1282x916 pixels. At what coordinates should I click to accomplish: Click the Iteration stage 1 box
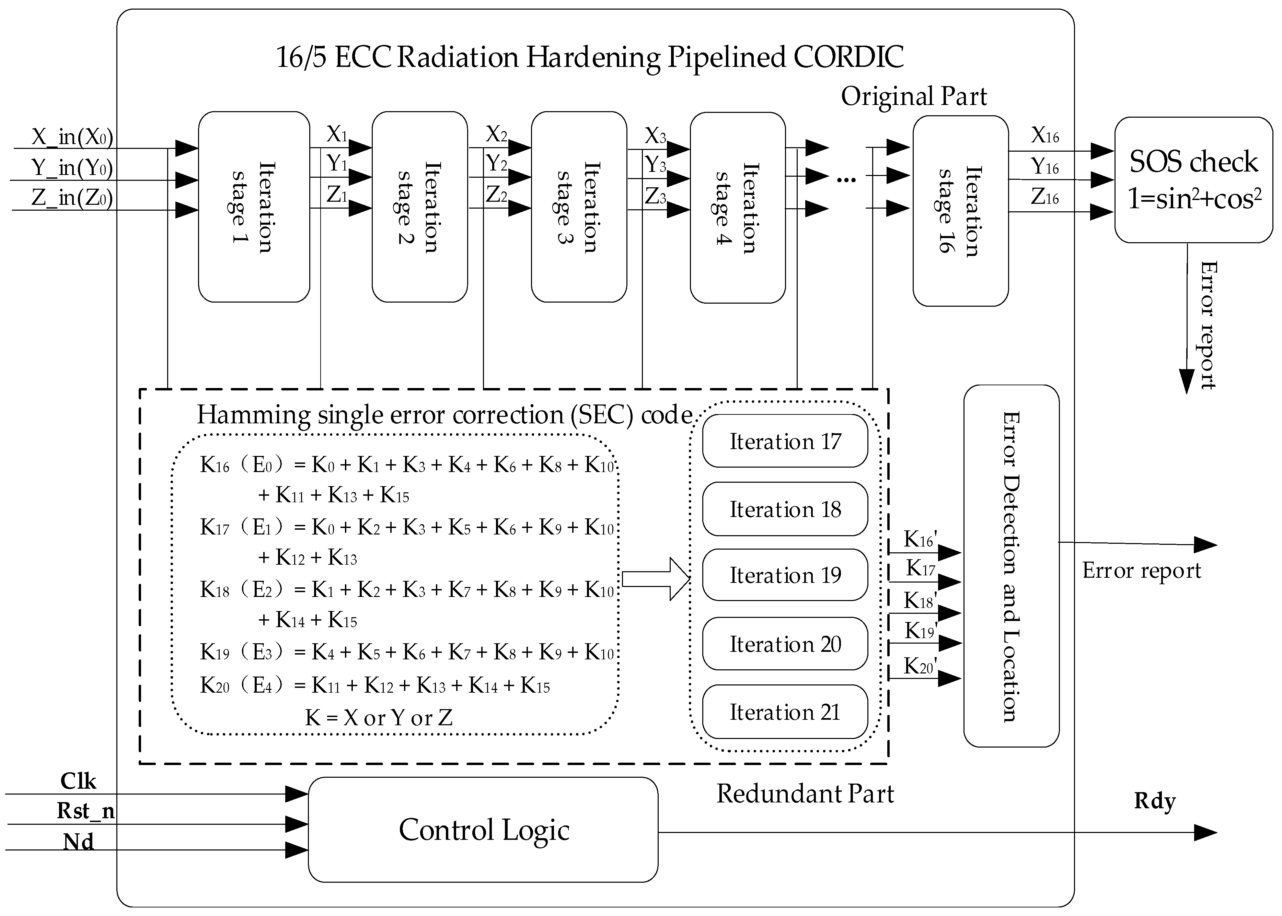(254, 207)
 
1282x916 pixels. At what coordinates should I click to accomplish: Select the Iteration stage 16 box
(960, 211)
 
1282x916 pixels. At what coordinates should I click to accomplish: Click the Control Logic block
(483, 830)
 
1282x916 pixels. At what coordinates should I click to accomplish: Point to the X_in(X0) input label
(72, 137)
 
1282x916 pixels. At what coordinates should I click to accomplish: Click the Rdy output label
(1154, 801)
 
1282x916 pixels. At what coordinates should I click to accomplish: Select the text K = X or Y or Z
(379, 717)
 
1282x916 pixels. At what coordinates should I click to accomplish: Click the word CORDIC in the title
(848, 57)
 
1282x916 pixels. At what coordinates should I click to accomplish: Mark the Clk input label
(78, 781)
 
